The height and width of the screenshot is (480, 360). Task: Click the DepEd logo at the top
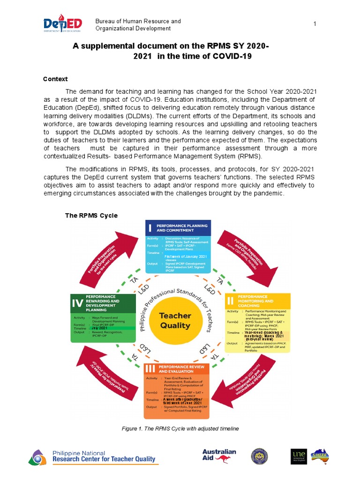(62, 25)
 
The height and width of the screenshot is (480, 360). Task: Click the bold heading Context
(55, 79)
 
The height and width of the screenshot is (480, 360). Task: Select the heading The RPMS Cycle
(91, 215)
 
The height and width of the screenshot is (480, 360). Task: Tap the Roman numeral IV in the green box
(77, 303)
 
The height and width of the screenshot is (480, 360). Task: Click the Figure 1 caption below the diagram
(180, 429)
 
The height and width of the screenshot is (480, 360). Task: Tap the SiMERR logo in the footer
(320, 456)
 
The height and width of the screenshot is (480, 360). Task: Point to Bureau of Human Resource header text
(138, 22)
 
